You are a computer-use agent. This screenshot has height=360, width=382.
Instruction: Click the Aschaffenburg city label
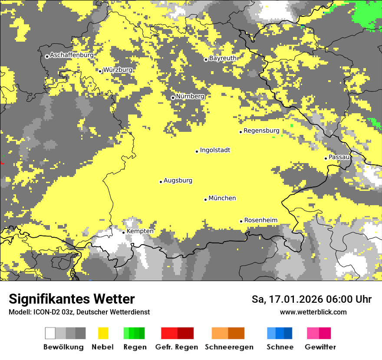pyautogui.click(x=72, y=56)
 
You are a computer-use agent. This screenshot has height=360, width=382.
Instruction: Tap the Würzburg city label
pyautogui.click(x=118, y=70)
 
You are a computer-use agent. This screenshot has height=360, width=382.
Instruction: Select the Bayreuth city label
pyautogui.click(x=223, y=58)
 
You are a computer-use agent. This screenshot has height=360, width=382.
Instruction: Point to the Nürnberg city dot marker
pyautogui.click(x=173, y=98)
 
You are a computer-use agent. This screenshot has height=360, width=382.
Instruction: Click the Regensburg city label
pyautogui.click(x=261, y=131)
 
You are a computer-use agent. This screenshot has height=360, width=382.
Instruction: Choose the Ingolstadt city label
pyautogui.click(x=215, y=151)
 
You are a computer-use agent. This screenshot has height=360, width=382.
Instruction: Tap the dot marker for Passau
pyautogui.click(x=326, y=158)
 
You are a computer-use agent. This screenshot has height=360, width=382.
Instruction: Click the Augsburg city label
pyautogui.click(x=178, y=181)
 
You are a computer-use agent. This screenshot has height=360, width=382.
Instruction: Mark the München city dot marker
pyautogui.click(x=205, y=200)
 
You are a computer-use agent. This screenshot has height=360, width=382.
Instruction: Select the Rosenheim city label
pyautogui.click(x=260, y=220)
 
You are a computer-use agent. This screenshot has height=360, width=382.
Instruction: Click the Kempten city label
pyautogui.click(x=140, y=231)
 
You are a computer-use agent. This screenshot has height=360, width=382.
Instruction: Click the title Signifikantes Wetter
pyautogui.click(x=72, y=299)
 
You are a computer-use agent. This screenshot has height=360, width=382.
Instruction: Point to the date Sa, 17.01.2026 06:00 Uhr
pyautogui.click(x=311, y=299)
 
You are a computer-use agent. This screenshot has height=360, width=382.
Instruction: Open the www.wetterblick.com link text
pyautogui.click(x=313, y=312)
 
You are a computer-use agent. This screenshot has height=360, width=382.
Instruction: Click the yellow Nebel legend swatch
pyautogui.click(x=103, y=333)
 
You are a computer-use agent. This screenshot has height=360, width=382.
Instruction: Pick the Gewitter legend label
pyautogui.click(x=320, y=347)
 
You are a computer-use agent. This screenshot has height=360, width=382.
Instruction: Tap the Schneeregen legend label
pyautogui.click(x=229, y=347)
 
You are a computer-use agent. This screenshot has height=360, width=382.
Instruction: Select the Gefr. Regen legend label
pyautogui.click(x=176, y=347)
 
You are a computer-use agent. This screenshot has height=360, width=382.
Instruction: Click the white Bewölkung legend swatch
pyautogui.click(x=50, y=333)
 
